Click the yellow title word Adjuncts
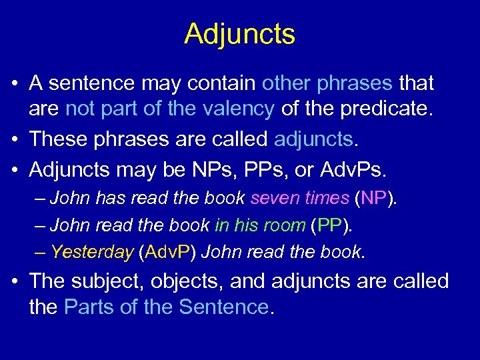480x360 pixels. click(x=239, y=34)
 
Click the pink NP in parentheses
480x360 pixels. click(x=374, y=198)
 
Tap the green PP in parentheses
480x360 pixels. click(x=331, y=225)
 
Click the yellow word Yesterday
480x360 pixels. click(x=91, y=253)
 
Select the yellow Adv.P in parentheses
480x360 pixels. click(x=165, y=253)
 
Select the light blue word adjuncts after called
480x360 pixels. click(x=313, y=139)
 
